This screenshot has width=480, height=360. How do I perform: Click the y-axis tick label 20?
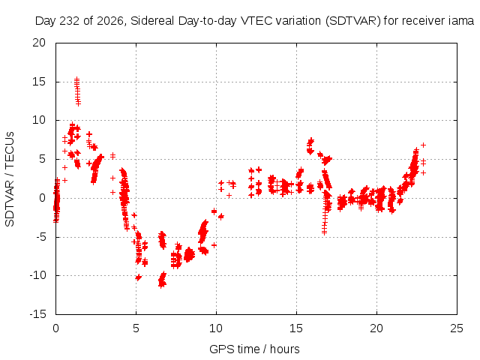(x=39, y=43)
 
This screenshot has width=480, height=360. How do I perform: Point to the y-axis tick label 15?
(x=39, y=82)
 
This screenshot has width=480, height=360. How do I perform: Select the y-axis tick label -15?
(x=37, y=314)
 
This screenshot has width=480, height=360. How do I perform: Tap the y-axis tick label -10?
(x=37, y=275)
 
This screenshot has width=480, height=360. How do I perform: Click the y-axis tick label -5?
(x=40, y=237)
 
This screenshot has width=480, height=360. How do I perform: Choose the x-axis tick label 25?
(x=457, y=328)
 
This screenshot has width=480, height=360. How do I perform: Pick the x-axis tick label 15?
(x=296, y=328)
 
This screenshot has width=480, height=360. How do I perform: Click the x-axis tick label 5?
(x=136, y=328)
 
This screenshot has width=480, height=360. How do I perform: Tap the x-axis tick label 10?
(x=216, y=328)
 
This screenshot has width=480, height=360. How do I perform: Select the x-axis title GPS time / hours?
(x=254, y=349)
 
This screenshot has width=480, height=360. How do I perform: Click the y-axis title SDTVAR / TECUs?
(x=10, y=179)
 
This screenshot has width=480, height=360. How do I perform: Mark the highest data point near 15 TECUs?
(x=76, y=79)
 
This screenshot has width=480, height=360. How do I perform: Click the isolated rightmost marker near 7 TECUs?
(x=423, y=145)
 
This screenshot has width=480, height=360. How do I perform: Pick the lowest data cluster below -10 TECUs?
(x=162, y=280)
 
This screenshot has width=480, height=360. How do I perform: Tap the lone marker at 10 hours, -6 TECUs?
(x=214, y=245)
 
